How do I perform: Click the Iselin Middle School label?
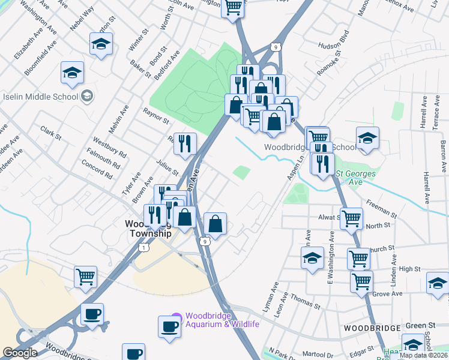point(40,97)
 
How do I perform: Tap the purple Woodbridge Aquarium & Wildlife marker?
point(176,316)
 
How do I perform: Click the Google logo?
point(20,353)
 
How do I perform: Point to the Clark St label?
point(51,133)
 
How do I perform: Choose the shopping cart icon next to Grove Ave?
point(362,280)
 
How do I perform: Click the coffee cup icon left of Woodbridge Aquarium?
point(169,326)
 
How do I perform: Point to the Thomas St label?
point(305,302)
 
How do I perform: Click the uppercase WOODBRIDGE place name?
point(372,328)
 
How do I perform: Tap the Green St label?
point(415,326)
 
